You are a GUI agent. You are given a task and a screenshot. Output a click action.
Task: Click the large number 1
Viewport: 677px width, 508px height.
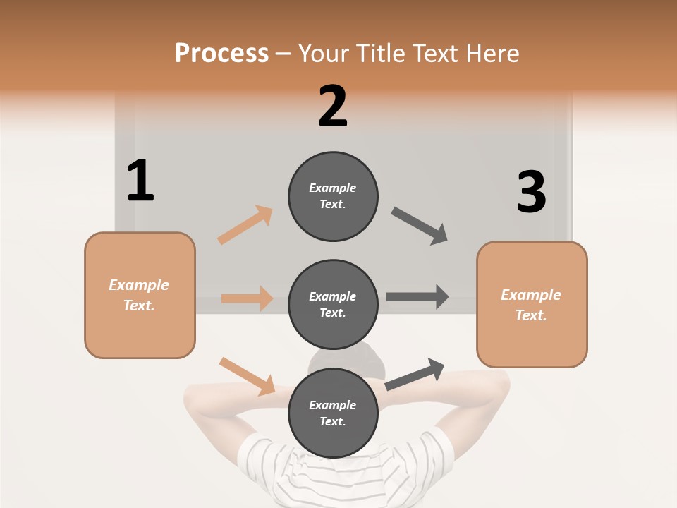pos(140,181)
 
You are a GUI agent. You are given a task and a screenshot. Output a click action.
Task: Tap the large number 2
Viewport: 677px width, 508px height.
pos(333,107)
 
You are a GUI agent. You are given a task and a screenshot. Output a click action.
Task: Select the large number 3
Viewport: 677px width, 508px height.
pos(531,192)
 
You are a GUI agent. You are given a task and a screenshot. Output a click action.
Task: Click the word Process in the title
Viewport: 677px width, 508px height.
pos(221,53)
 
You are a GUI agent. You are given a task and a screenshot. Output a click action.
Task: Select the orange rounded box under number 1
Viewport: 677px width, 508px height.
pos(140,295)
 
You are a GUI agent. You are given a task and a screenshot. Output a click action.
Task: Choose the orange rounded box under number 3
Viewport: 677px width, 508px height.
pos(532,305)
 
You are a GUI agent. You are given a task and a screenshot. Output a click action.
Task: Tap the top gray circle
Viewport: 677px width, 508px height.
pos(333,196)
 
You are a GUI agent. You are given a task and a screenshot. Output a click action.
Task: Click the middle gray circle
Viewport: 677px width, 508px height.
pos(333,305)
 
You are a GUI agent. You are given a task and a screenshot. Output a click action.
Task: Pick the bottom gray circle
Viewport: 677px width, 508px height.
pos(333,413)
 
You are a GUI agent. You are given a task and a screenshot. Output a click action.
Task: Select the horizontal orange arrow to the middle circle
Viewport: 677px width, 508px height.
pos(247,298)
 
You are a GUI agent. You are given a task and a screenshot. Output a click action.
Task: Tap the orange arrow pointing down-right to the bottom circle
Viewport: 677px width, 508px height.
pos(247,376)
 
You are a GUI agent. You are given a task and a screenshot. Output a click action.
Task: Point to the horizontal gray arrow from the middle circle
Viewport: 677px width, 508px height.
pos(417,297)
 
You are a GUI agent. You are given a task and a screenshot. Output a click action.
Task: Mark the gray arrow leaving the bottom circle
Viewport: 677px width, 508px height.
pos(415,374)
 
